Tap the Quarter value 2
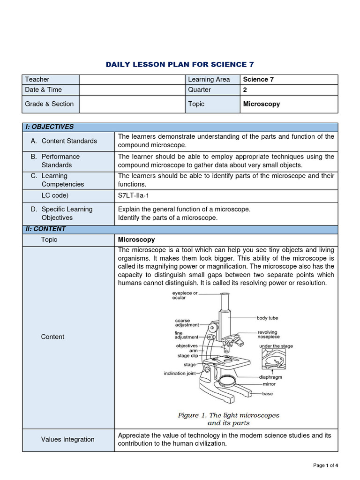click(245, 90)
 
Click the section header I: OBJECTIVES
click(49, 127)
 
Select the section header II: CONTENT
click(46, 229)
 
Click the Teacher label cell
click(37, 79)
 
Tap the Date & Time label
click(43, 90)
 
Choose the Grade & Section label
click(49, 104)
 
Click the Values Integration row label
click(67, 439)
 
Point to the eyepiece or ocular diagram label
click(185, 295)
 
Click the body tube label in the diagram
click(267, 318)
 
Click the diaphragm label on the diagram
click(271, 377)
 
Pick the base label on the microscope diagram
click(267, 394)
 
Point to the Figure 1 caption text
click(228, 419)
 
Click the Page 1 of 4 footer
click(325, 465)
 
